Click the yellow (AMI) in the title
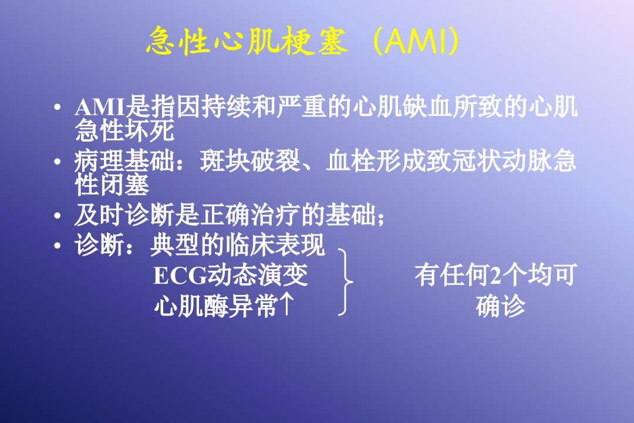click(x=416, y=41)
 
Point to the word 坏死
click(x=150, y=130)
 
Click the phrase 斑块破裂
click(x=249, y=161)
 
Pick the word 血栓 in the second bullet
click(x=351, y=161)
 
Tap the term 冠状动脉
click(x=501, y=161)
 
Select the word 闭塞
click(x=124, y=184)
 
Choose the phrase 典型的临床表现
click(x=237, y=246)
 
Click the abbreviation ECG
click(x=180, y=276)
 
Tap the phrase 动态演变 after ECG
click(x=258, y=276)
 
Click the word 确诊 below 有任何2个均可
click(x=501, y=306)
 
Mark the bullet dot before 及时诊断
click(x=58, y=216)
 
